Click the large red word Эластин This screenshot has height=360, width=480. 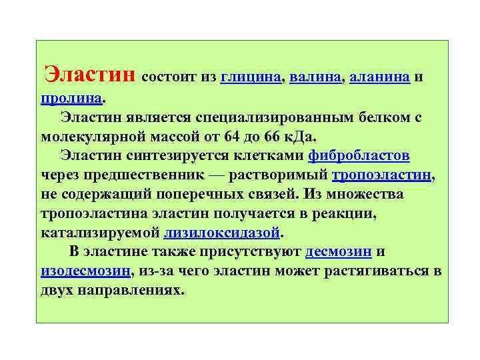tap(89, 72)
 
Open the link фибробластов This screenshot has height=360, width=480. tap(359, 155)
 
